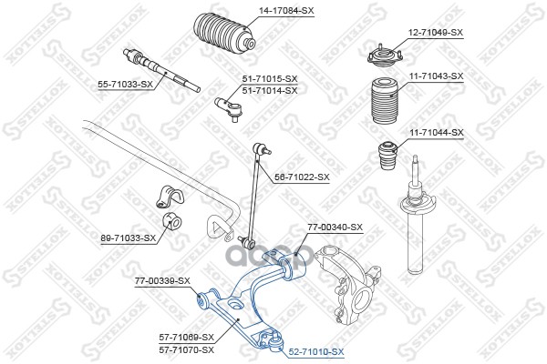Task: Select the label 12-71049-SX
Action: tap(436, 32)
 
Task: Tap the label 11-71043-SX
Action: tap(436, 76)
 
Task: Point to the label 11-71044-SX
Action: tap(436, 132)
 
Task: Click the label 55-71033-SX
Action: tap(126, 84)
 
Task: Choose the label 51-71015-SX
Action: tap(270, 80)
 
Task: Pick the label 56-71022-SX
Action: tap(302, 177)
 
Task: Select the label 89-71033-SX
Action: tap(128, 238)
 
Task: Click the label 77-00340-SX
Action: tap(335, 227)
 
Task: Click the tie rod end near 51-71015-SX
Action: tap(227, 108)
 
